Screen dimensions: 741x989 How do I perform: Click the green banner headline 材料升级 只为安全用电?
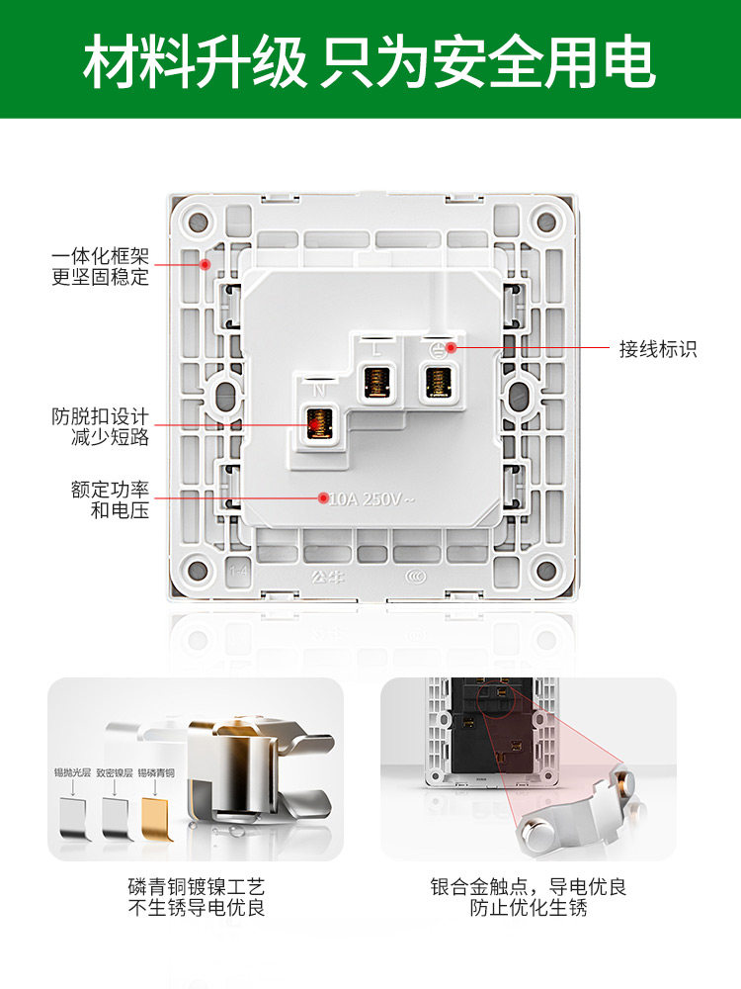(x=370, y=61)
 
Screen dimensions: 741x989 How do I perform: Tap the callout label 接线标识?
(x=658, y=348)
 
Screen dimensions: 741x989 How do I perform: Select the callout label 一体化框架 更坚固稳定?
(x=100, y=267)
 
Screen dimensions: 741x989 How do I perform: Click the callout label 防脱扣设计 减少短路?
(x=100, y=426)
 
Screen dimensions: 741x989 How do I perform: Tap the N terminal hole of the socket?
(x=318, y=424)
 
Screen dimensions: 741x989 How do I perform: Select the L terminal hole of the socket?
(x=375, y=383)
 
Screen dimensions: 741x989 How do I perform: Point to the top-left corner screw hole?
(x=198, y=221)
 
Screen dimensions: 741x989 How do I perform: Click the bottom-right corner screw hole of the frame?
(x=544, y=571)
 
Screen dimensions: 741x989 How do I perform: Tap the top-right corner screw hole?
(x=544, y=221)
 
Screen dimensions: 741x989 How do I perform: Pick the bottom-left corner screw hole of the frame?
(x=198, y=571)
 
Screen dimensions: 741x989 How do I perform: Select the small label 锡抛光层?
(x=72, y=772)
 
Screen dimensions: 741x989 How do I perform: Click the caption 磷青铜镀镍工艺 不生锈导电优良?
(x=197, y=897)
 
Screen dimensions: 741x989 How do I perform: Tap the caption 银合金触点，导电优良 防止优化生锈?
(x=529, y=897)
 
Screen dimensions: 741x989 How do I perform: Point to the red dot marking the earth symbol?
(x=451, y=347)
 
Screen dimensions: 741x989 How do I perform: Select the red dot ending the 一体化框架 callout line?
(x=205, y=264)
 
